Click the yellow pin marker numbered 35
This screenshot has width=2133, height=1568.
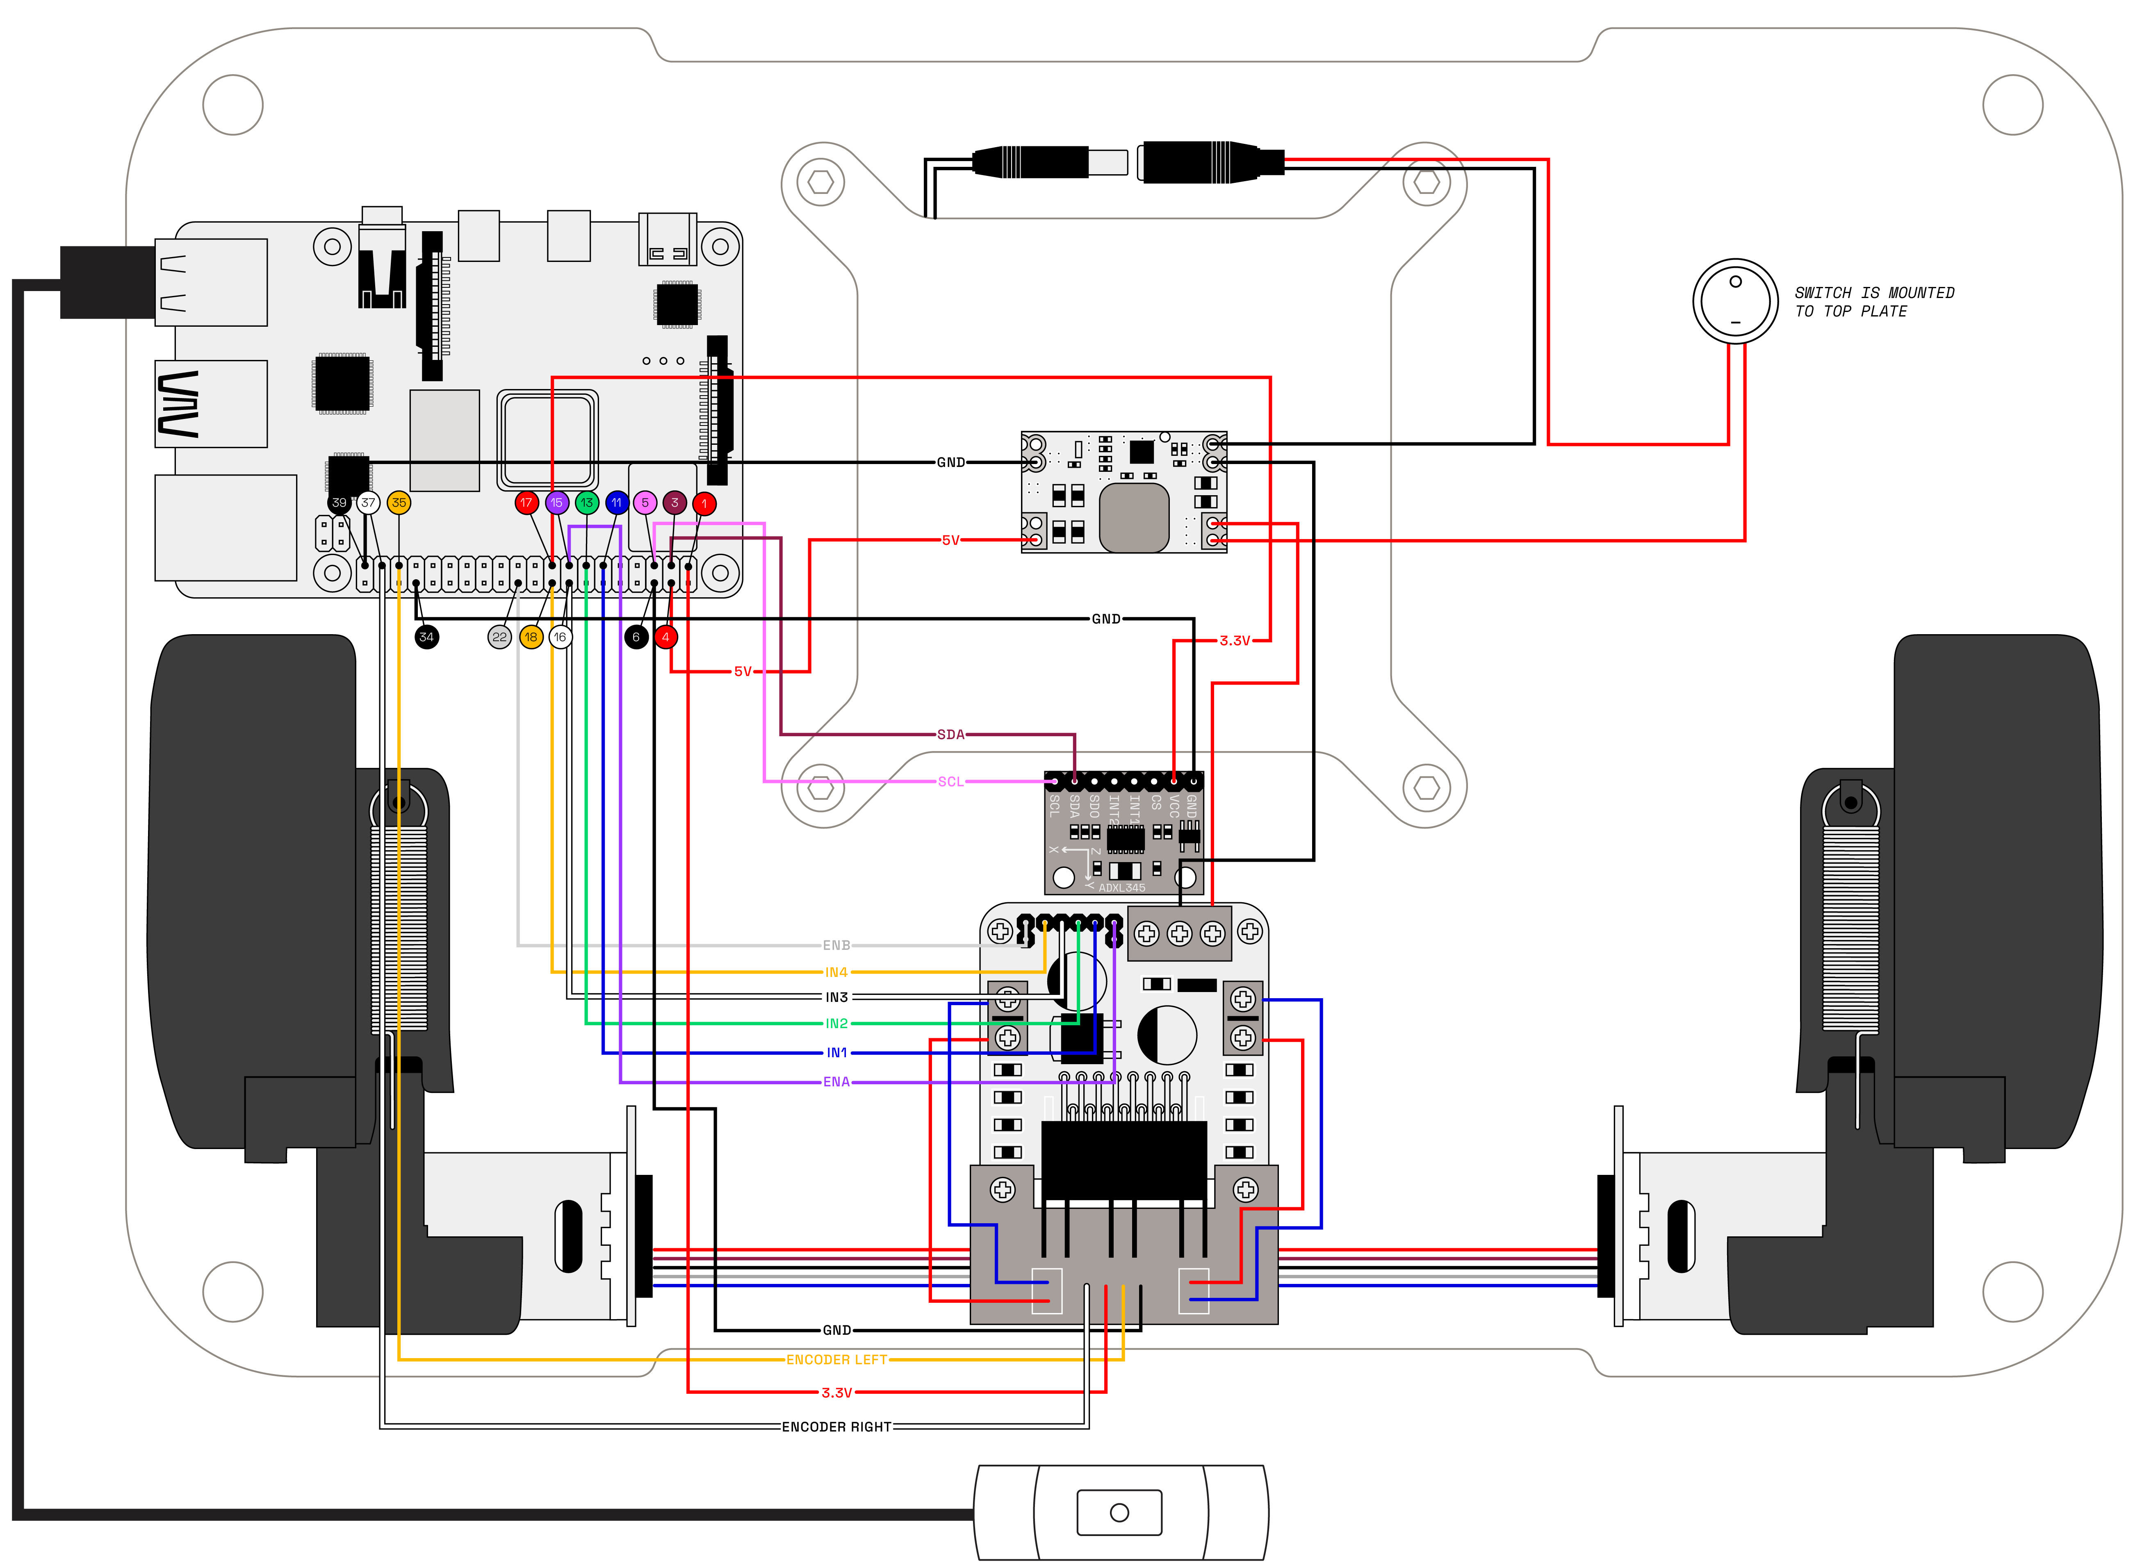coord(399,503)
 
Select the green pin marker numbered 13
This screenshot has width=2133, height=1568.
coord(587,503)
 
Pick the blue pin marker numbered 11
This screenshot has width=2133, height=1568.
coord(616,503)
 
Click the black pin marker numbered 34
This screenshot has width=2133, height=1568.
coord(426,637)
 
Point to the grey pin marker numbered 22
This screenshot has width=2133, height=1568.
coord(499,637)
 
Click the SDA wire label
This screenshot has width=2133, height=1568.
coord(950,735)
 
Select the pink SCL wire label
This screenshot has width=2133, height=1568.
coord(950,782)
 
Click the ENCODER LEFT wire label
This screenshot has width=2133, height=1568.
coord(836,1360)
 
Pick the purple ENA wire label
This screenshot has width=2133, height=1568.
coord(836,1082)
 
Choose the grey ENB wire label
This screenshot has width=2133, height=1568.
coord(836,945)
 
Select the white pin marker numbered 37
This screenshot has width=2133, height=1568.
coord(368,503)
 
